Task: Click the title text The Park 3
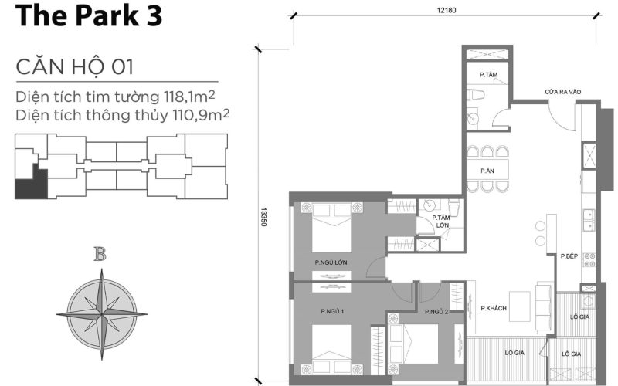click(88, 17)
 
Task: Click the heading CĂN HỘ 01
click(74, 67)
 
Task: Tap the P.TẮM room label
click(487, 75)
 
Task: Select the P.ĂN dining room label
click(487, 170)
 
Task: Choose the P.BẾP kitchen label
click(569, 256)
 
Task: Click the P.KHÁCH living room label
click(492, 309)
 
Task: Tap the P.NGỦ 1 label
click(331, 311)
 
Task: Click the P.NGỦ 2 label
click(436, 311)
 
